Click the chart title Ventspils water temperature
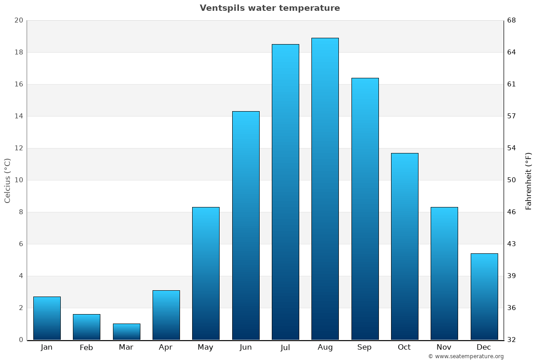tap(270, 8)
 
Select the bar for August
tap(325, 189)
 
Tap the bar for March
tap(126, 332)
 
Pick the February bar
tap(86, 327)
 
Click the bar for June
tap(246, 225)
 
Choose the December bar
tap(484, 297)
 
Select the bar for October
tap(405, 246)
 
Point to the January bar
tap(47, 318)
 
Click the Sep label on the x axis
tap(364, 347)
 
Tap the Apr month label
tap(166, 347)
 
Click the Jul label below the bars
tap(285, 347)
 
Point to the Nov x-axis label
tap(444, 347)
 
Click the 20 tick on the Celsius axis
tap(18, 20)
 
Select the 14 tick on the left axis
tap(18, 116)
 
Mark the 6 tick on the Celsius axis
tap(20, 244)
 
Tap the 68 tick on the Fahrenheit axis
tap(512, 20)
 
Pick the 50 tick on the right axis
tap(512, 180)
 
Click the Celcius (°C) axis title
tap(7, 180)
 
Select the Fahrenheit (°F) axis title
tap(529, 180)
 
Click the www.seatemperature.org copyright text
tap(466, 356)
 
